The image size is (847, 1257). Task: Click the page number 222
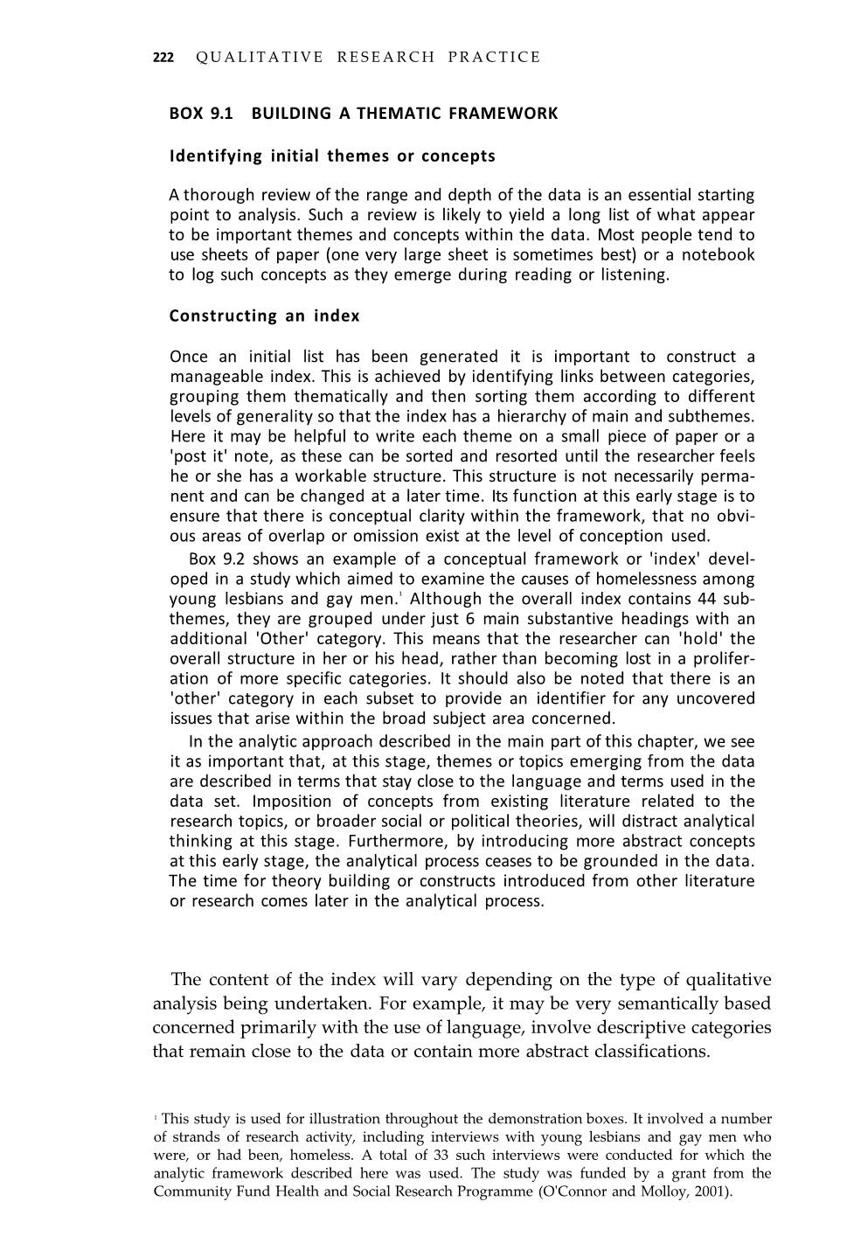pos(163,58)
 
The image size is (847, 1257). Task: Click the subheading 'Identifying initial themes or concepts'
pos(332,156)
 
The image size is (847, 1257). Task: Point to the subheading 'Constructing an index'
pos(264,316)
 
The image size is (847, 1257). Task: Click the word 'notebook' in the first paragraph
pos(718,255)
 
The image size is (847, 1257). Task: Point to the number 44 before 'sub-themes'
pos(707,600)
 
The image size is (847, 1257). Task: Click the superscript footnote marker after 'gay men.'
pos(400,595)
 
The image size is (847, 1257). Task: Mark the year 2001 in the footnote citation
pos(713,1191)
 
